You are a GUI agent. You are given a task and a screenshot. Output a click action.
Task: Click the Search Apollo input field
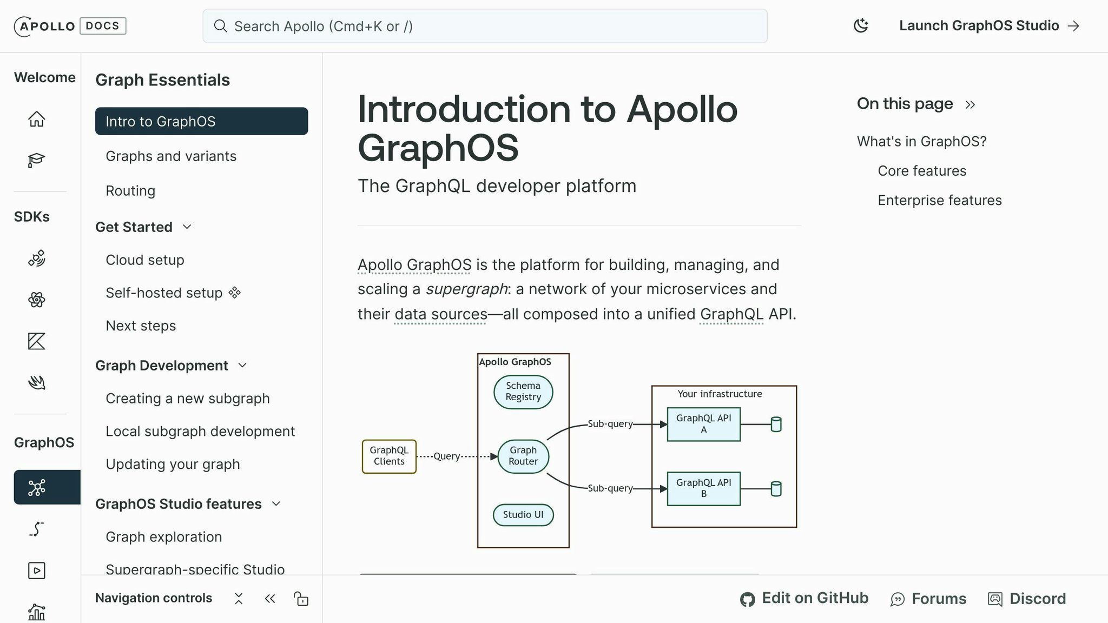[484, 26]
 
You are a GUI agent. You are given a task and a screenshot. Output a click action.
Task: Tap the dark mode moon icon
[860, 25]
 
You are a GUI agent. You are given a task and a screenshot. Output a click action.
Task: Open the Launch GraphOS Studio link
[988, 25]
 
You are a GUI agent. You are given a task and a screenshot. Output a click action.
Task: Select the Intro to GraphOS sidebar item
[201, 121]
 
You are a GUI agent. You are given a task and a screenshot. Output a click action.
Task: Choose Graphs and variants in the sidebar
[171, 156]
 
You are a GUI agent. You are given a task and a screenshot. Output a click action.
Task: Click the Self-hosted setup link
[164, 293]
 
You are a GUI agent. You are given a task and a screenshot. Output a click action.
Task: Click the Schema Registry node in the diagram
[523, 392]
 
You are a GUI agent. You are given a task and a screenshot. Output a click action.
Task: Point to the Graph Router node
[523, 456]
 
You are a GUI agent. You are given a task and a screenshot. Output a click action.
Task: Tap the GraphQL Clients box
[389, 456]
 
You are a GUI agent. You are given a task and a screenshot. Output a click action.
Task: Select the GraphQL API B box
[703, 488]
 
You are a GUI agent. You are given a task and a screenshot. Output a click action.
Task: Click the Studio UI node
[523, 514]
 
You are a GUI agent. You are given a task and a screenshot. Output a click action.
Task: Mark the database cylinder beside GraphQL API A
[776, 424]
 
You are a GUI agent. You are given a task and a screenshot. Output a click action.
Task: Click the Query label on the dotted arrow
[446, 456]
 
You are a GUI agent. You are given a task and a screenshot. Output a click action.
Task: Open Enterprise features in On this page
[939, 200]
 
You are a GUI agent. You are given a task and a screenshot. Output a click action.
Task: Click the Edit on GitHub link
[804, 598]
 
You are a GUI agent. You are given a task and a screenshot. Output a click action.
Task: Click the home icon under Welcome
[37, 118]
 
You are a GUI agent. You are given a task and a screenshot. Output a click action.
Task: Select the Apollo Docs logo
[70, 26]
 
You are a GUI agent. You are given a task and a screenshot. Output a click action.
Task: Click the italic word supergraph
[466, 289]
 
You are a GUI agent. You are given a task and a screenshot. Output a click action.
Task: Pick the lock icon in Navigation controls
[301, 599]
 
